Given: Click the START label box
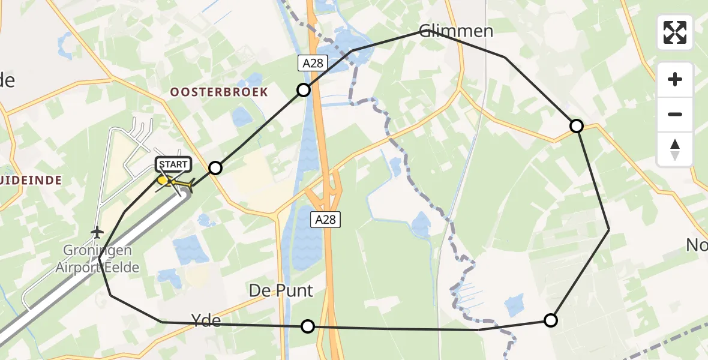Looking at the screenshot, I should coord(173,164).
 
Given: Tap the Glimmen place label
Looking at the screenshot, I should coord(456,31).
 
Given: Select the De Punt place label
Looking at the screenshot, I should coord(281,291).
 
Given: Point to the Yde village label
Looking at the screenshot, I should coord(206,321).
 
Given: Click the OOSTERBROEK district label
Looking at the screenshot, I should coord(219,92).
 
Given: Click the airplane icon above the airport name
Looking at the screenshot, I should coord(97,232).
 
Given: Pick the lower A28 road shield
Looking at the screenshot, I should coord(325,220).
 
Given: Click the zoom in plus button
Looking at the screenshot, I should coord(675,79).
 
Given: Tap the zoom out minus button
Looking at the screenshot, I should coord(675,114).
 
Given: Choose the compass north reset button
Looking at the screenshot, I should coord(675,149).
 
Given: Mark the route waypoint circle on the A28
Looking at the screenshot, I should coord(304,90).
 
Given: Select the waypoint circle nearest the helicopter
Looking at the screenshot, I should coord(215,168).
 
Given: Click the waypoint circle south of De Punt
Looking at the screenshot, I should coord(307,326).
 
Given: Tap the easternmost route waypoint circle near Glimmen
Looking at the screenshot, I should coord(576,125).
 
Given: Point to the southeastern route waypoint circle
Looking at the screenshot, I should coord(550,320).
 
